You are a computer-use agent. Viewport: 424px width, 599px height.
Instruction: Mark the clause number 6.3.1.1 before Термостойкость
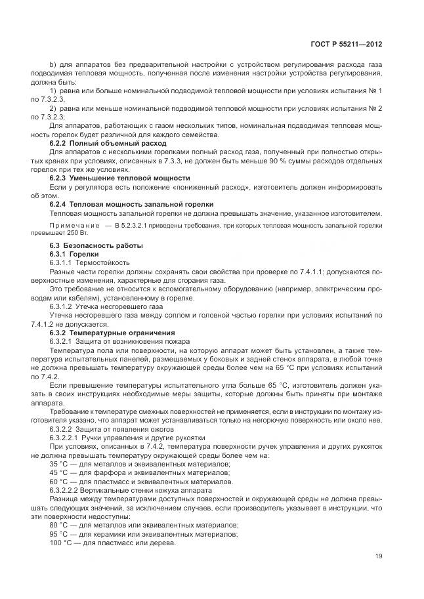[64, 262]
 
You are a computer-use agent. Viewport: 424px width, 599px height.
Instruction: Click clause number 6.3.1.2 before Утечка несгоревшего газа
[64, 306]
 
